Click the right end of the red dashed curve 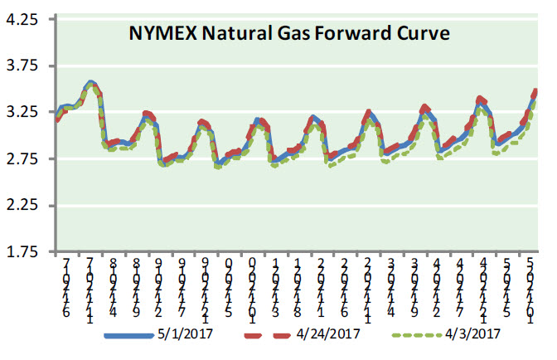click(536, 90)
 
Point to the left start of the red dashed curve click(56, 120)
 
